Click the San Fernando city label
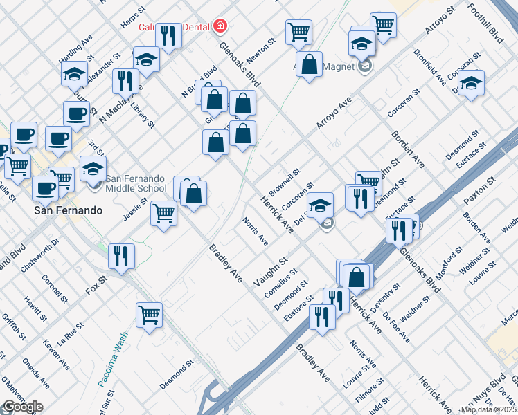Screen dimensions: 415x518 click(69, 210)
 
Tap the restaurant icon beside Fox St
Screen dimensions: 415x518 click(121, 256)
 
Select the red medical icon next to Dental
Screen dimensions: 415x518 click(220, 26)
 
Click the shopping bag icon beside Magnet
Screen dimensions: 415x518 click(310, 64)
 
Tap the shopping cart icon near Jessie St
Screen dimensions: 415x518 click(164, 212)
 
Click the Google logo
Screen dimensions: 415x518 click(23, 407)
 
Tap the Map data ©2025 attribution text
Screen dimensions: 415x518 click(488, 409)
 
